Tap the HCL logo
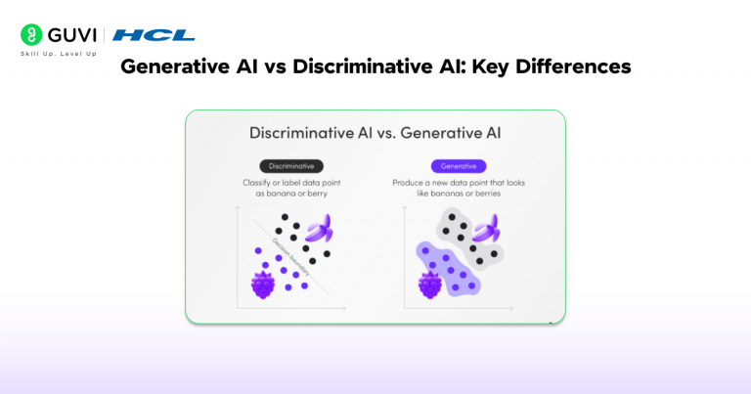(x=154, y=35)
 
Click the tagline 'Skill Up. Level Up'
(x=59, y=53)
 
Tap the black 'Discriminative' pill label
(x=291, y=166)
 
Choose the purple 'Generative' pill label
(x=459, y=166)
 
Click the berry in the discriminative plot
(x=263, y=285)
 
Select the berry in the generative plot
(x=430, y=285)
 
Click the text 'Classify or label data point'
(x=290, y=183)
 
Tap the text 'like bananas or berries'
(x=459, y=195)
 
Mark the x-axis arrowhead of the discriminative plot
(x=344, y=309)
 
